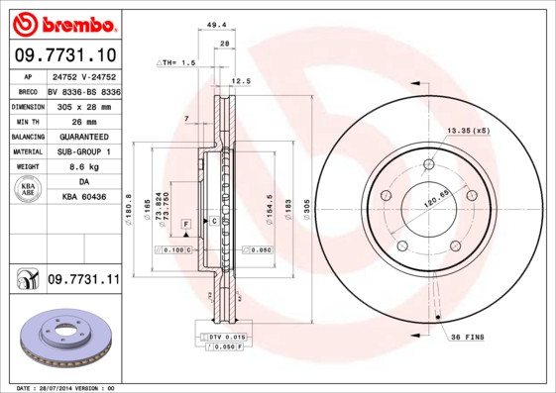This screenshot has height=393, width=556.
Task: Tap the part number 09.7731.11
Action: tap(83, 281)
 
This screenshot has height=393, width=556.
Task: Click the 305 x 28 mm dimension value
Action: tap(83, 106)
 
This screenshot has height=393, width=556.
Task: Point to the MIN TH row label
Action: tap(27, 121)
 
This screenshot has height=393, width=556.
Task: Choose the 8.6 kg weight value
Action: tap(83, 167)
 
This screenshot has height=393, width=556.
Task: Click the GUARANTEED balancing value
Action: tap(83, 137)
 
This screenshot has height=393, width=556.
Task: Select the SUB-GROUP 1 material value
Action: tap(83, 151)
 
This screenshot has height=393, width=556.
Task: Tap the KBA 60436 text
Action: tap(83, 198)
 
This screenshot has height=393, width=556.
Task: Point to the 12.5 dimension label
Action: tap(239, 81)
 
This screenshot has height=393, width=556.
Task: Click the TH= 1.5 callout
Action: tap(176, 62)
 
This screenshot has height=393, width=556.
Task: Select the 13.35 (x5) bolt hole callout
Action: tap(469, 131)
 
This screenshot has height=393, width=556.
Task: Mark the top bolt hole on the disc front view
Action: tap(429, 164)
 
